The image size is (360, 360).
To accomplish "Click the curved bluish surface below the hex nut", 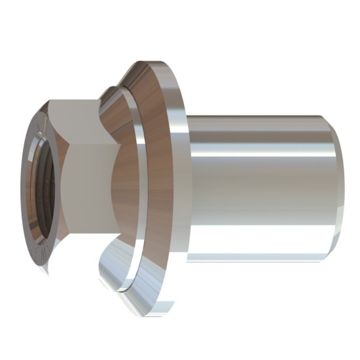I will click(x=85, y=262).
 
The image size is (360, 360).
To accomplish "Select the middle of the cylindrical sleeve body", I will click(x=262, y=190).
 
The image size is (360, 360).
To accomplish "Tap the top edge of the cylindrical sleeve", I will click(x=262, y=115).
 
